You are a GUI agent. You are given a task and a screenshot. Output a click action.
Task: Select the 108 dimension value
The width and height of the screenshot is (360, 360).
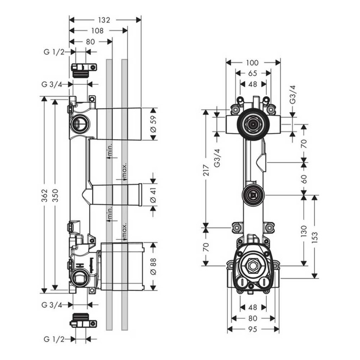pyautogui.click(x=97, y=30)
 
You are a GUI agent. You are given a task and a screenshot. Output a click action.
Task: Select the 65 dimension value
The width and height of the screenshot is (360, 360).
pyautogui.click(x=253, y=73)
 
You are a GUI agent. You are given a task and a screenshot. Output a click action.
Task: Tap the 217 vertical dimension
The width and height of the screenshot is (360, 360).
pyautogui.click(x=206, y=170)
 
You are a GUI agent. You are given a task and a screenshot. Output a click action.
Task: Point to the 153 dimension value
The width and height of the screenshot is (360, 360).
pyautogui.click(x=314, y=237)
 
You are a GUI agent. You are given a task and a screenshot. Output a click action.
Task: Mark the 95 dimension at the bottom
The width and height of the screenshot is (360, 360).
pyautogui.click(x=253, y=329)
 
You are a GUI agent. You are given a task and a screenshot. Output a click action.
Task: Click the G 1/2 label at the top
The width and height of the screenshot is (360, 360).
pyautogui.click(x=54, y=52)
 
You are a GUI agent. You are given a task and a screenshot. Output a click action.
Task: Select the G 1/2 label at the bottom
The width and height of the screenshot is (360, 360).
pyautogui.click(x=54, y=339)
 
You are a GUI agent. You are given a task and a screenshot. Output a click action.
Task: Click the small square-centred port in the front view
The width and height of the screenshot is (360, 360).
pyautogui.click(x=253, y=195)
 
